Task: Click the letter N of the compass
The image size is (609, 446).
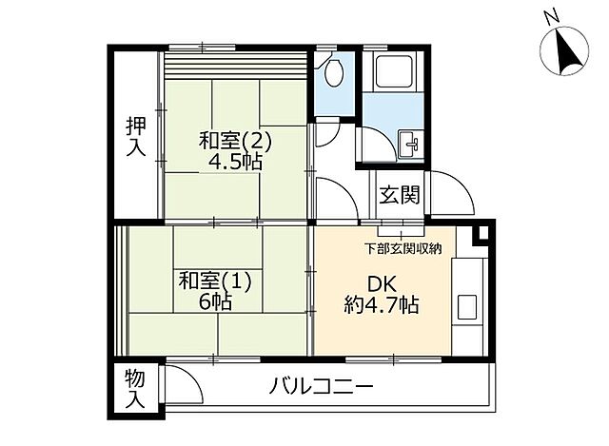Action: [x=549, y=15]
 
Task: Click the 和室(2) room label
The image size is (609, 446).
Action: [x=235, y=141]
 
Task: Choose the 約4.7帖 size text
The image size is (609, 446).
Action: [x=381, y=305]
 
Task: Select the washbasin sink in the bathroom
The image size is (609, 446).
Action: [x=412, y=145]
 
